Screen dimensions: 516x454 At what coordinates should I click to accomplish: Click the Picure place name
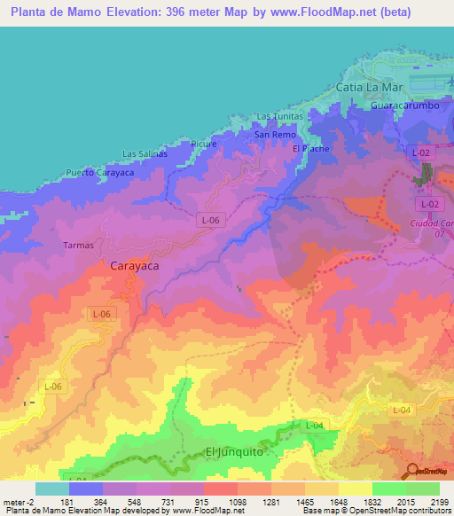[204, 143]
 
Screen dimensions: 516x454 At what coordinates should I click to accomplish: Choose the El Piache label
[310, 148]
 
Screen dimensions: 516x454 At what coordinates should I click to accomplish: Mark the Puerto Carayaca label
[99, 172]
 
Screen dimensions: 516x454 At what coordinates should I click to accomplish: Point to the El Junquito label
[231, 451]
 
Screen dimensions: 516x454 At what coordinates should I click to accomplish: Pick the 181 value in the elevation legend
[67, 502]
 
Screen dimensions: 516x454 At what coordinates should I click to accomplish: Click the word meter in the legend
[15, 502]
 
